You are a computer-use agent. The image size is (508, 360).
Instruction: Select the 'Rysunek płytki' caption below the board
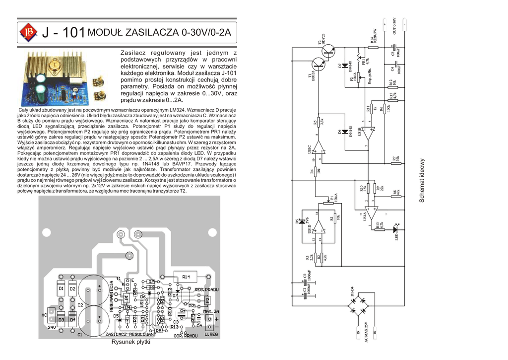130,342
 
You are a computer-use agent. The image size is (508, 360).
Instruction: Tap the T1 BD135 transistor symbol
318,63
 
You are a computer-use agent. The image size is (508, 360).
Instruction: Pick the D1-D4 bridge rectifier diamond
360,304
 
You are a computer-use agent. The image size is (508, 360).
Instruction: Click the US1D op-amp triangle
318,229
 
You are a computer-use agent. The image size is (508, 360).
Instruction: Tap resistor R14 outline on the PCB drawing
186,276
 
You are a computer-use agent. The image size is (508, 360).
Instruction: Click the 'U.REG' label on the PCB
211,335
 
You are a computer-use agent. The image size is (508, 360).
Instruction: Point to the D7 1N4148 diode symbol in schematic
345,66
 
